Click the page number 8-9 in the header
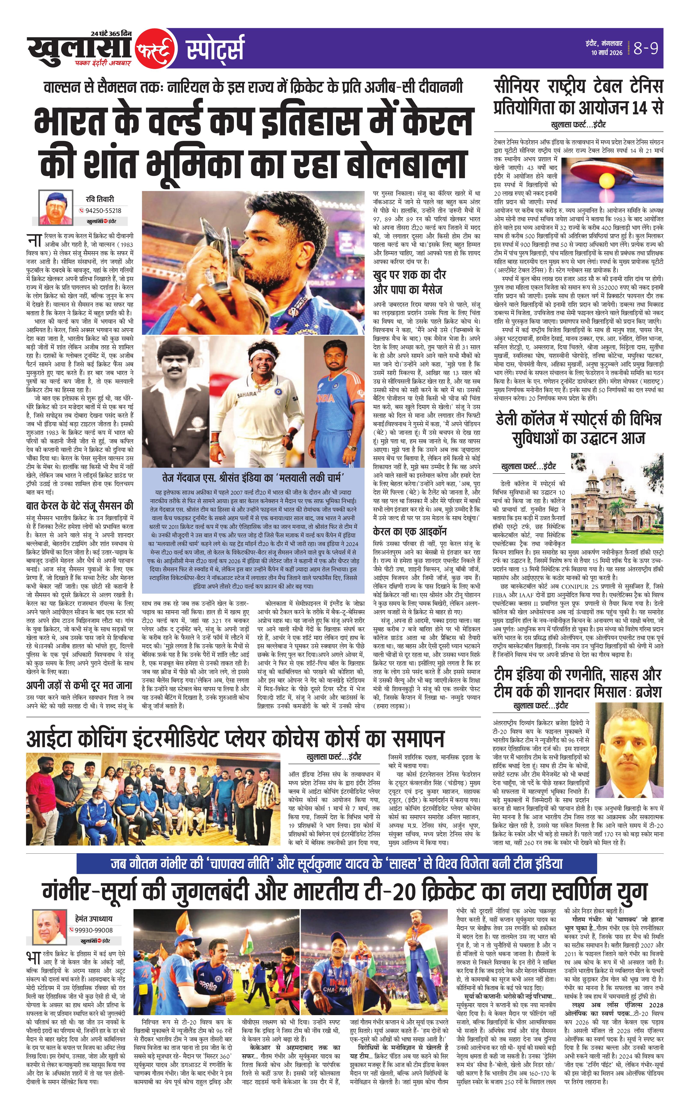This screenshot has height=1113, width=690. pyautogui.click(x=647, y=48)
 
